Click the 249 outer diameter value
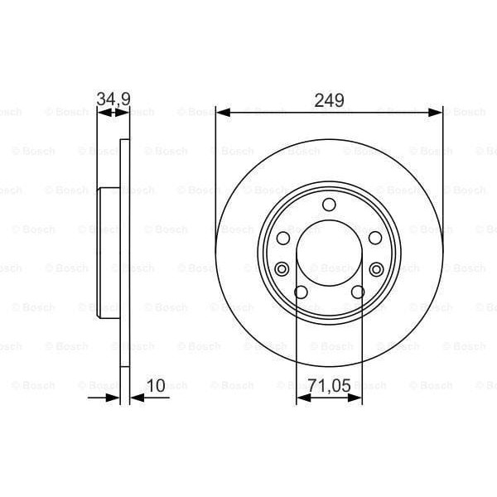tap(329, 100)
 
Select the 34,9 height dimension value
tap(113, 100)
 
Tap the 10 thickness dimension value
tap(155, 385)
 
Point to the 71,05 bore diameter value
tap(329, 385)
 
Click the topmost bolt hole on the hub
tap(329, 205)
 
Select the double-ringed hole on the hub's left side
tap(282, 268)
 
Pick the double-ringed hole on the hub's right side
tap(377, 268)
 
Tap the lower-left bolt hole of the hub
tap(301, 292)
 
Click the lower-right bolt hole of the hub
tap(358, 292)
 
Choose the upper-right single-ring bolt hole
tap(375, 238)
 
